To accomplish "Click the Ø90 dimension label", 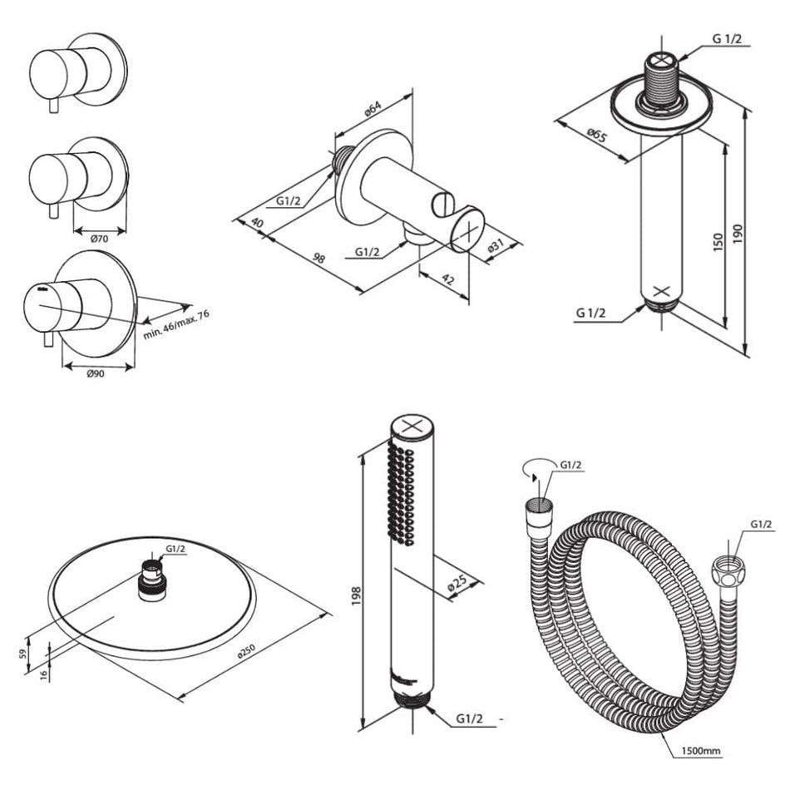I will [x=96, y=373].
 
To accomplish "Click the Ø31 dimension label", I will [x=497, y=249].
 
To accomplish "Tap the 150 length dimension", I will [x=718, y=241].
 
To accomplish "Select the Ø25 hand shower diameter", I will [x=457, y=581].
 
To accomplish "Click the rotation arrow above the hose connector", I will [x=531, y=471].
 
